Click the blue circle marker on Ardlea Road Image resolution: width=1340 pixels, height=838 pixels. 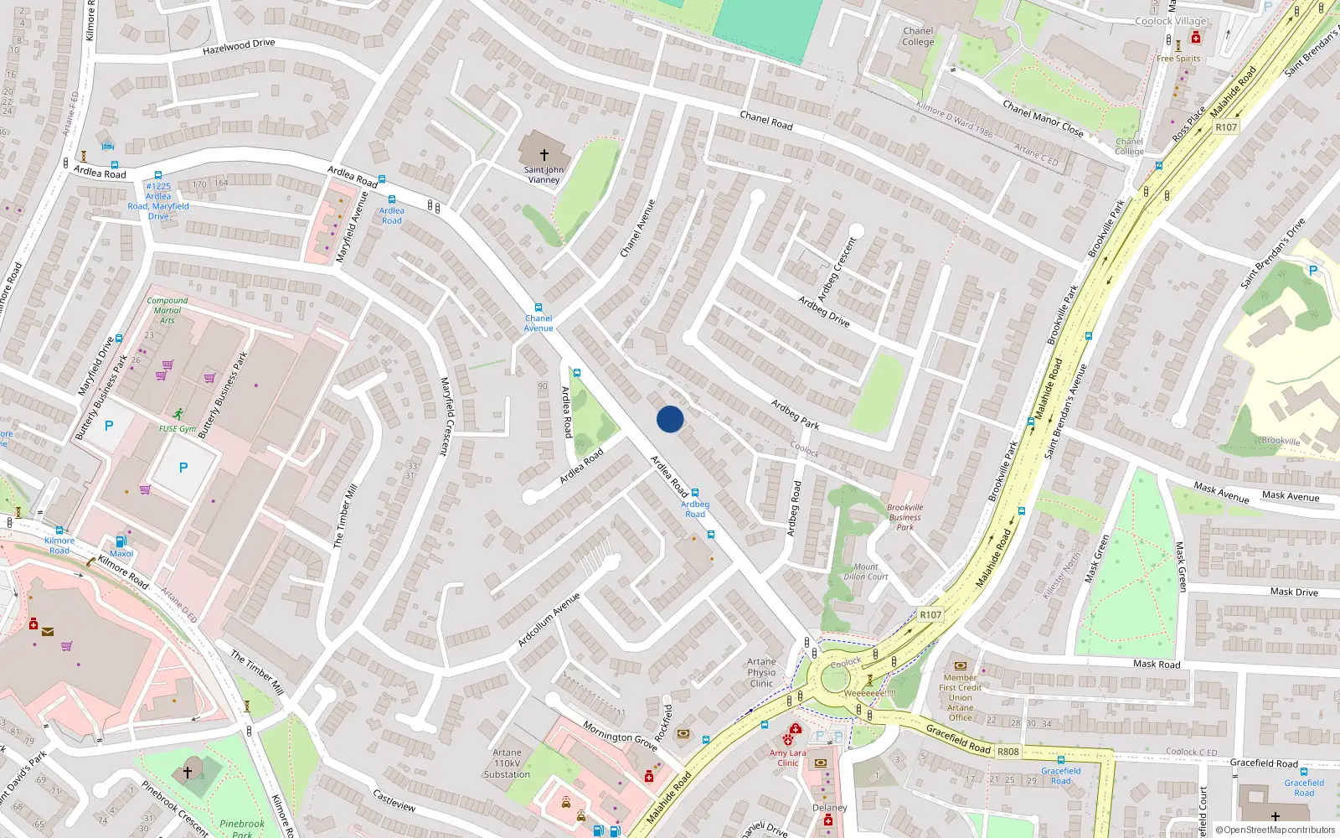[670, 419]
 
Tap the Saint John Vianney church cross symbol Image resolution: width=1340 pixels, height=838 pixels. [544, 155]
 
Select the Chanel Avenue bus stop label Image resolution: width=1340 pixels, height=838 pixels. [539, 323]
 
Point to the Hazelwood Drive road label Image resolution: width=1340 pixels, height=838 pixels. [239, 47]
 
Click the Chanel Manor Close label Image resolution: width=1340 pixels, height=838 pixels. [1043, 119]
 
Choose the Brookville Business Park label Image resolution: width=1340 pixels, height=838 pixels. [905, 517]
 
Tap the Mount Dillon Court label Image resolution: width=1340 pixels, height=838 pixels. [866, 572]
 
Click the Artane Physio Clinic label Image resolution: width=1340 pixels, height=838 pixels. [761, 672]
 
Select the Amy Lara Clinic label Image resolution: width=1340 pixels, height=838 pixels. [788, 758]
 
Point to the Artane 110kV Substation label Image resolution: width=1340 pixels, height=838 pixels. [507, 763]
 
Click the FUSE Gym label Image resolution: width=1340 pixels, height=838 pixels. [178, 428]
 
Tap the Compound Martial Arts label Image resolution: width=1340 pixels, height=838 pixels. [167, 310]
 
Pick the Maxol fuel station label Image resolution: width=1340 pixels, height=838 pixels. [121, 553]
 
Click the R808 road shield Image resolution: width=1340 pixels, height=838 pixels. [1008, 752]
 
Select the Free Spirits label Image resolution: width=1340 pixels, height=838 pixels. [1178, 59]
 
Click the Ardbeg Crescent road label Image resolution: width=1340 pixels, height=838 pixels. [837, 269]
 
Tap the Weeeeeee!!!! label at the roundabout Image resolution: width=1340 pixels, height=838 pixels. [870, 693]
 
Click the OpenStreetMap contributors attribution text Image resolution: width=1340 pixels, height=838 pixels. [1276, 830]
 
